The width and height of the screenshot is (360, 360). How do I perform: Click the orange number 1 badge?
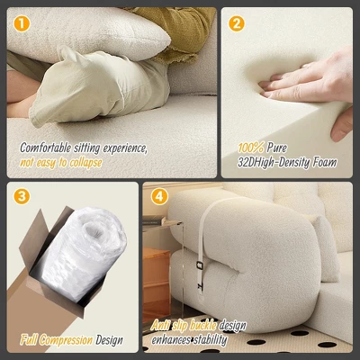click(21, 22)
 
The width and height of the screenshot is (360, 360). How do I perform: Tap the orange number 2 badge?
click(237, 23)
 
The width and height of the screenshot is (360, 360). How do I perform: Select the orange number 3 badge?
click(22, 196)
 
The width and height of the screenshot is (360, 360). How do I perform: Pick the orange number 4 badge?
click(158, 196)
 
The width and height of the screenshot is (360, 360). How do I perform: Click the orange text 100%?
click(251, 148)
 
